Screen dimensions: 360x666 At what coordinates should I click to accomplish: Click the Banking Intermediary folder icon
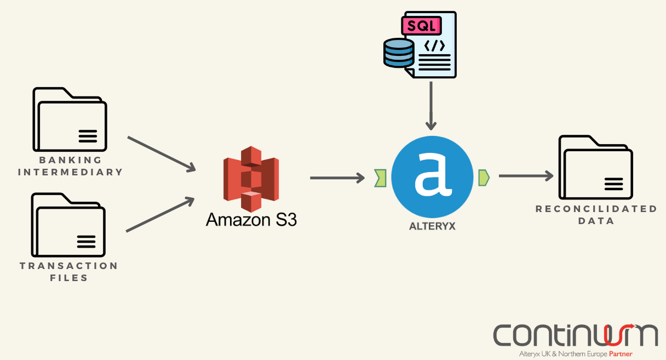[70, 120]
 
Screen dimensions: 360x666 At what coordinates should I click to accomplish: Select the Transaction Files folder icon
[68, 226]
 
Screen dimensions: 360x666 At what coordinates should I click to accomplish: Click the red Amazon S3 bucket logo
[251, 178]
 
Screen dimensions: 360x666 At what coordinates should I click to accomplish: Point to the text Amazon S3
[251, 220]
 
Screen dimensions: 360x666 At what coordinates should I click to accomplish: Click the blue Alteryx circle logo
[432, 176]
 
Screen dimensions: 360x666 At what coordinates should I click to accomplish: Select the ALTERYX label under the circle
[432, 225]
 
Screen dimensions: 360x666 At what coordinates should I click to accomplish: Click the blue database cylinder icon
[399, 53]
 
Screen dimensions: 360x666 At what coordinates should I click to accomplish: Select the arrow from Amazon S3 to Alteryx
[337, 178]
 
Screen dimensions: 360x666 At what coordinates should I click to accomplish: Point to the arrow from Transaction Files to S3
[160, 214]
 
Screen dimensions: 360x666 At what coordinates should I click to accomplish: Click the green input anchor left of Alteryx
[381, 178]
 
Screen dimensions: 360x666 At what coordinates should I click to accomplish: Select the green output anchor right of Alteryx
[484, 177]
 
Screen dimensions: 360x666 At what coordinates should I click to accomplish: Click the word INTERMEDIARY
[71, 172]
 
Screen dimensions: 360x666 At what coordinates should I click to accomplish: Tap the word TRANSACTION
[69, 266]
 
